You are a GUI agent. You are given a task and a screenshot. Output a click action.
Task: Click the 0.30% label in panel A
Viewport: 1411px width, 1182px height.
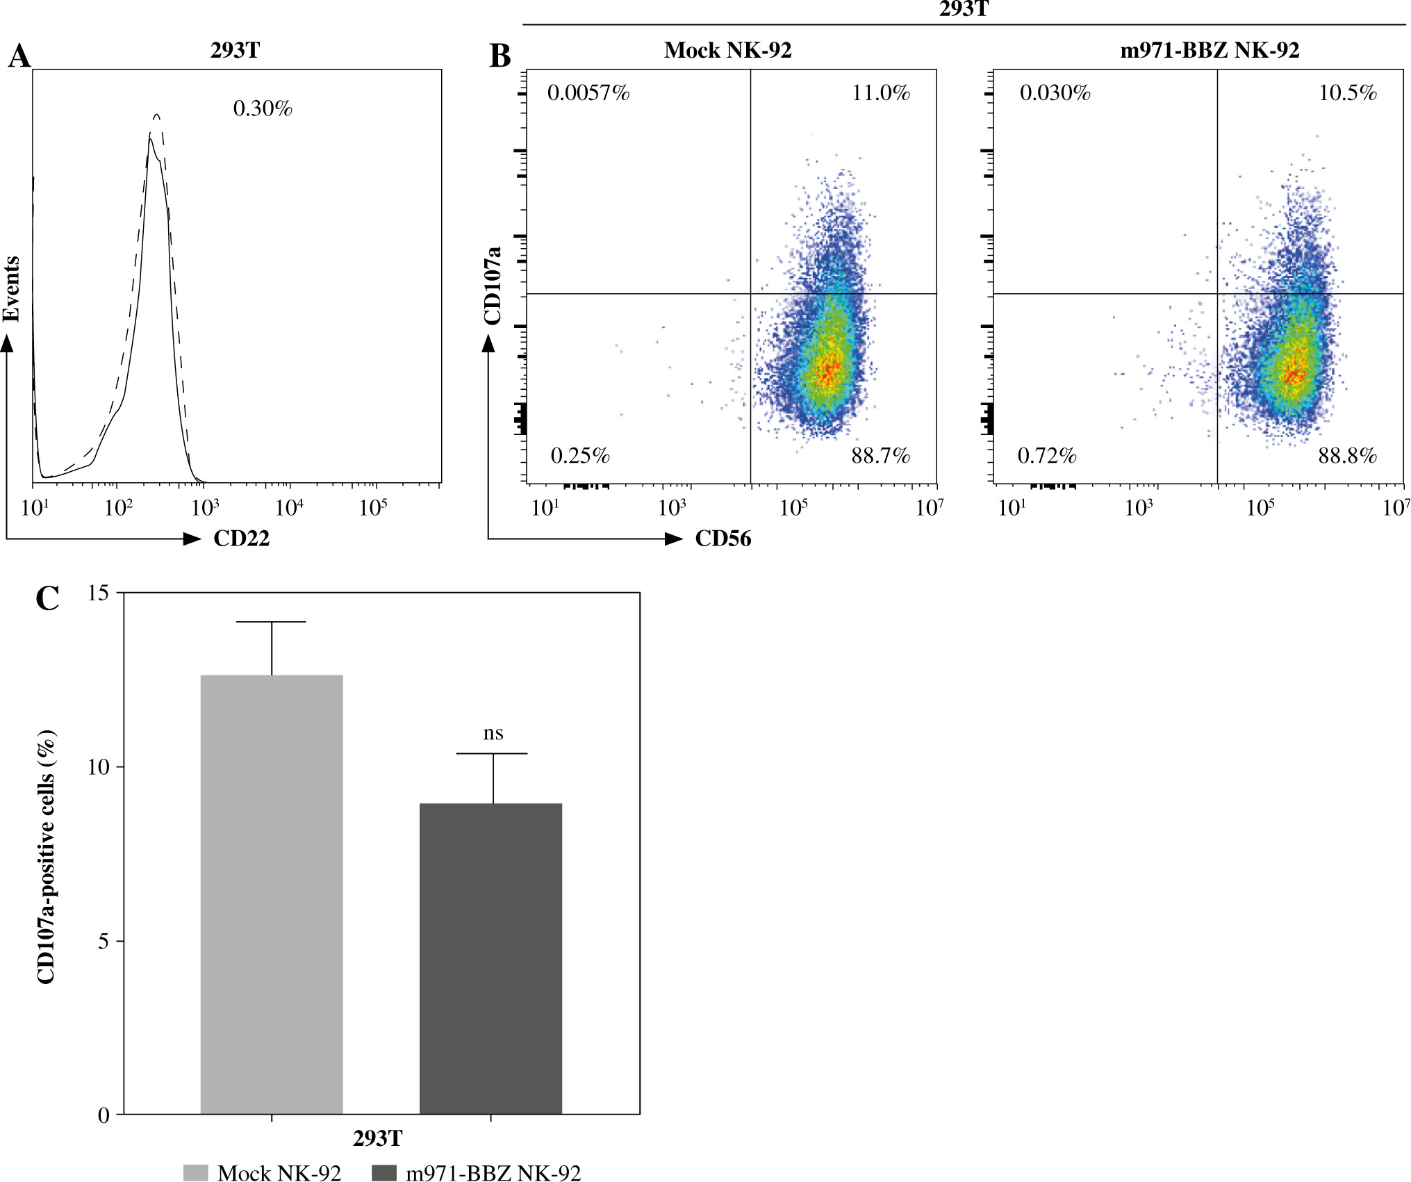click(263, 108)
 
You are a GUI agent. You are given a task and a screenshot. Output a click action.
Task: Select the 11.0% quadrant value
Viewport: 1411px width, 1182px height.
click(881, 93)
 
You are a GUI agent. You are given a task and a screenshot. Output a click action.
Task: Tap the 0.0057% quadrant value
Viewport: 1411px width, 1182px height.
click(588, 93)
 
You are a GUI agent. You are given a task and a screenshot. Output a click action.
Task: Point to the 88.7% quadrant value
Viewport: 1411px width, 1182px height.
click(880, 456)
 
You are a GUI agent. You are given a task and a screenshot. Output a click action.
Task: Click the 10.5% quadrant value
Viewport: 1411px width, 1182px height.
click(1348, 93)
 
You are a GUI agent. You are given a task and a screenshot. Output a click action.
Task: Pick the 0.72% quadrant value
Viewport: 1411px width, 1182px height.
click(1047, 456)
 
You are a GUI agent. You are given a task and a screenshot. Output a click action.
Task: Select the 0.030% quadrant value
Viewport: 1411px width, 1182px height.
click(1055, 93)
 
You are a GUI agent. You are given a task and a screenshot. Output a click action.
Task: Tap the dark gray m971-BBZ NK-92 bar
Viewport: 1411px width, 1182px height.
click(490, 958)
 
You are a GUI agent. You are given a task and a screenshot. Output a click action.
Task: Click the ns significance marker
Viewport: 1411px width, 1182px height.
click(493, 733)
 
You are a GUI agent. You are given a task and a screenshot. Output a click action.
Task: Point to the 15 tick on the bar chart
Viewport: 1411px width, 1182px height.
click(99, 593)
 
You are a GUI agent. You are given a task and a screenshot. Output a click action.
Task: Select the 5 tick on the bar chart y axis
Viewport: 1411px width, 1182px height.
click(104, 942)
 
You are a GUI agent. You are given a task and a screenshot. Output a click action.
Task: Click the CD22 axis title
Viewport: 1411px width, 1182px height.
click(241, 539)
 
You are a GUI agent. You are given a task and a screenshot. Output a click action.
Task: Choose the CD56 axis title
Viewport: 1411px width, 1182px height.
click(723, 539)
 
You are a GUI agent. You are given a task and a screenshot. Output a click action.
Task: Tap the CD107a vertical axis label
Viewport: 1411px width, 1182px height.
click(493, 285)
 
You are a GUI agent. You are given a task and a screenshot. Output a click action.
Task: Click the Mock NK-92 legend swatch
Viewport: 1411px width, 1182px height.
click(196, 1173)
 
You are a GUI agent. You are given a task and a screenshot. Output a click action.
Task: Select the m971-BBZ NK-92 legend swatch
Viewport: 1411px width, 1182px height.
click(384, 1173)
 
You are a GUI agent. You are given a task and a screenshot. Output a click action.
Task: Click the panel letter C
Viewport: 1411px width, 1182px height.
click(47, 598)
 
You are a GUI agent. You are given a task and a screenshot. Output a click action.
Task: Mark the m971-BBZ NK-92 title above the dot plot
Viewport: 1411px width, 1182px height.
click(1210, 50)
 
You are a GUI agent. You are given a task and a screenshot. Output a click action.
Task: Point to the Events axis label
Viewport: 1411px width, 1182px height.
click(11, 288)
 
